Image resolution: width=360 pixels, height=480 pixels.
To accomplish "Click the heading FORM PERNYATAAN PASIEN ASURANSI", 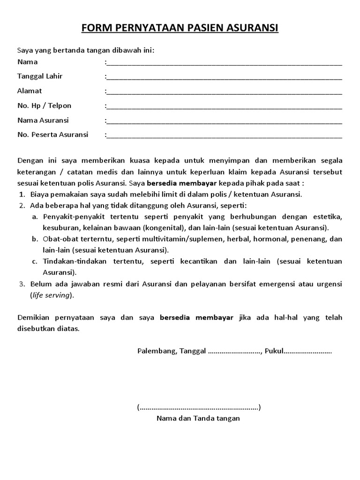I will click(180, 29).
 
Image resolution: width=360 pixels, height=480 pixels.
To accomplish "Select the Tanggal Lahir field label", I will click(40, 76).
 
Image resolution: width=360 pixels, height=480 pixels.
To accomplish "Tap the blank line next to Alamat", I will click(225, 92).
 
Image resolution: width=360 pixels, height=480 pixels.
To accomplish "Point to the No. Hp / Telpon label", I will click(44, 105).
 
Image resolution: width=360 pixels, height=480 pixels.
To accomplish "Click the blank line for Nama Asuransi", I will click(225, 121).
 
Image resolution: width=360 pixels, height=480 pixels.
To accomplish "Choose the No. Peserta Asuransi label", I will click(52, 135).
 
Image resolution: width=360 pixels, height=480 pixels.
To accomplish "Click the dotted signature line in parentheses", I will click(199, 407).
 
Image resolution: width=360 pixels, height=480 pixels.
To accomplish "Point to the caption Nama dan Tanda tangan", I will click(198, 418).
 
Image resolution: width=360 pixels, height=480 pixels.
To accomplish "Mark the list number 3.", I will click(21, 284).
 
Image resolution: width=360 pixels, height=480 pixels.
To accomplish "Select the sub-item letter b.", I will click(35, 239).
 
